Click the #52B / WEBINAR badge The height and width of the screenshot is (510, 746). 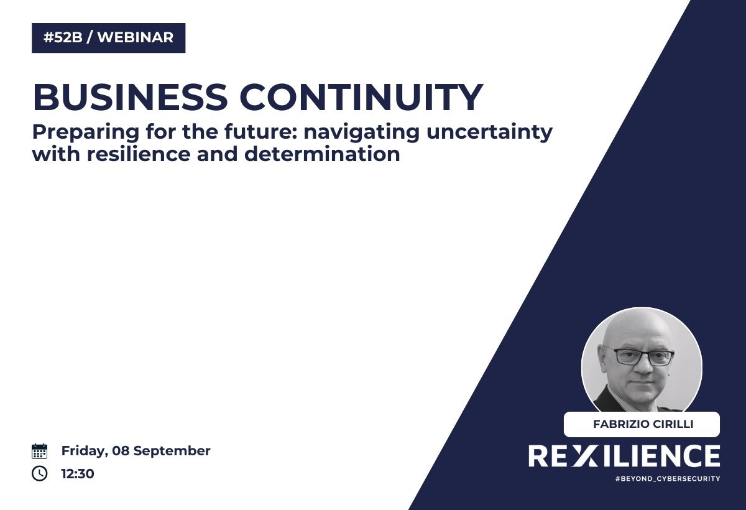tap(109, 38)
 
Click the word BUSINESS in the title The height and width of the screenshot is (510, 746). tap(130, 97)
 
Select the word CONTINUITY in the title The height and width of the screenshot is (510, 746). tap(361, 97)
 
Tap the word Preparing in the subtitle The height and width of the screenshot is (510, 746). tap(86, 132)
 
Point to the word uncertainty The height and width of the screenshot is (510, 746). tap(489, 132)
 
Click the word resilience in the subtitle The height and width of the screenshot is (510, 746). tap(139, 154)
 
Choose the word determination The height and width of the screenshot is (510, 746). tap(322, 154)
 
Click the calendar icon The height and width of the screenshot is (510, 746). tap(39, 451)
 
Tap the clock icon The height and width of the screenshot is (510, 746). tap(39, 473)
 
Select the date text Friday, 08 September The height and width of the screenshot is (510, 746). tap(136, 451)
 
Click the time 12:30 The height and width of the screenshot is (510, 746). tap(78, 474)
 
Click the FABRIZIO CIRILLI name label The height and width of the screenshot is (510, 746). tap(642, 424)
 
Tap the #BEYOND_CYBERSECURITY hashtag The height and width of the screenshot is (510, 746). tap(668, 479)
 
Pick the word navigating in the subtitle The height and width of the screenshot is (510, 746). tap(361, 132)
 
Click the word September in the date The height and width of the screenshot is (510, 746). tap(172, 452)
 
